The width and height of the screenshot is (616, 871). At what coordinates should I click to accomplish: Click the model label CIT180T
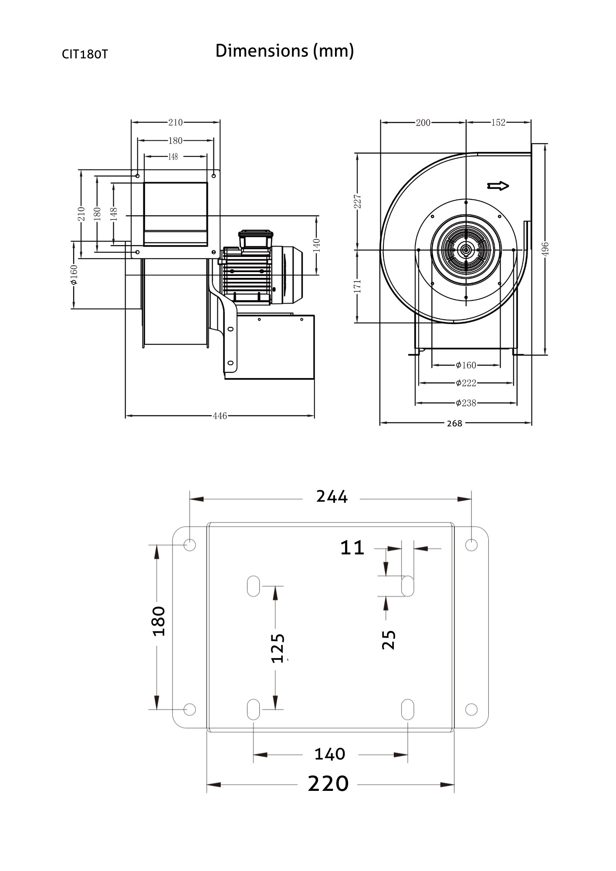(85, 54)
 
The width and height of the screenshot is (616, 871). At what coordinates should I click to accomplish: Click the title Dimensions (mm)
(284, 51)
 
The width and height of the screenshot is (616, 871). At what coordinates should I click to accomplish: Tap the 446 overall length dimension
(220, 416)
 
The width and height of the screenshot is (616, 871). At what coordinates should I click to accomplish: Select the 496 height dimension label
(546, 249)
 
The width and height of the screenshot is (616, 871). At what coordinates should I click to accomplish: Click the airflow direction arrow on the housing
(498, 186)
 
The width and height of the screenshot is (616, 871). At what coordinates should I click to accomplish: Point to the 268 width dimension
(454, 423)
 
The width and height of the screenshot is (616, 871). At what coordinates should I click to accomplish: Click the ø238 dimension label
(466, 403)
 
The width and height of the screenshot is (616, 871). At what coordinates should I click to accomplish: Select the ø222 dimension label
(466, 383)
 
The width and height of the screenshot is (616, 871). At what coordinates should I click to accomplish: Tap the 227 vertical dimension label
(358, 201)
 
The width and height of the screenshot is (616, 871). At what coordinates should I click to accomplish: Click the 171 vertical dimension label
(358, 286)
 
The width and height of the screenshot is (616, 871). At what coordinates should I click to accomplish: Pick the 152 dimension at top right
(498, 122)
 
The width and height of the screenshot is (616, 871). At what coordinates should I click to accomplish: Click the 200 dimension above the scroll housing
(423, 122)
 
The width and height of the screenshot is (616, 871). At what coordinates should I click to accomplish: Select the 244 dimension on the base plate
(332, 496)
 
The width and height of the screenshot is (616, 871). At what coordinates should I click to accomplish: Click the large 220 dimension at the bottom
(328, 783)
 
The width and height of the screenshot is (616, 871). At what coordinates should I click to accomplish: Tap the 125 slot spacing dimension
(278, 648)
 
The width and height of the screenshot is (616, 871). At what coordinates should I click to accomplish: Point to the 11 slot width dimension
(352, 548)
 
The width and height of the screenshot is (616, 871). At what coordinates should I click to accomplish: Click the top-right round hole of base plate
(471, 544)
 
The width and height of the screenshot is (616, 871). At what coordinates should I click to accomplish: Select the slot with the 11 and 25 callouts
(407, 586)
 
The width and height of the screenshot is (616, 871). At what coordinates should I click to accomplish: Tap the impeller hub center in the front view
(466, 250)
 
